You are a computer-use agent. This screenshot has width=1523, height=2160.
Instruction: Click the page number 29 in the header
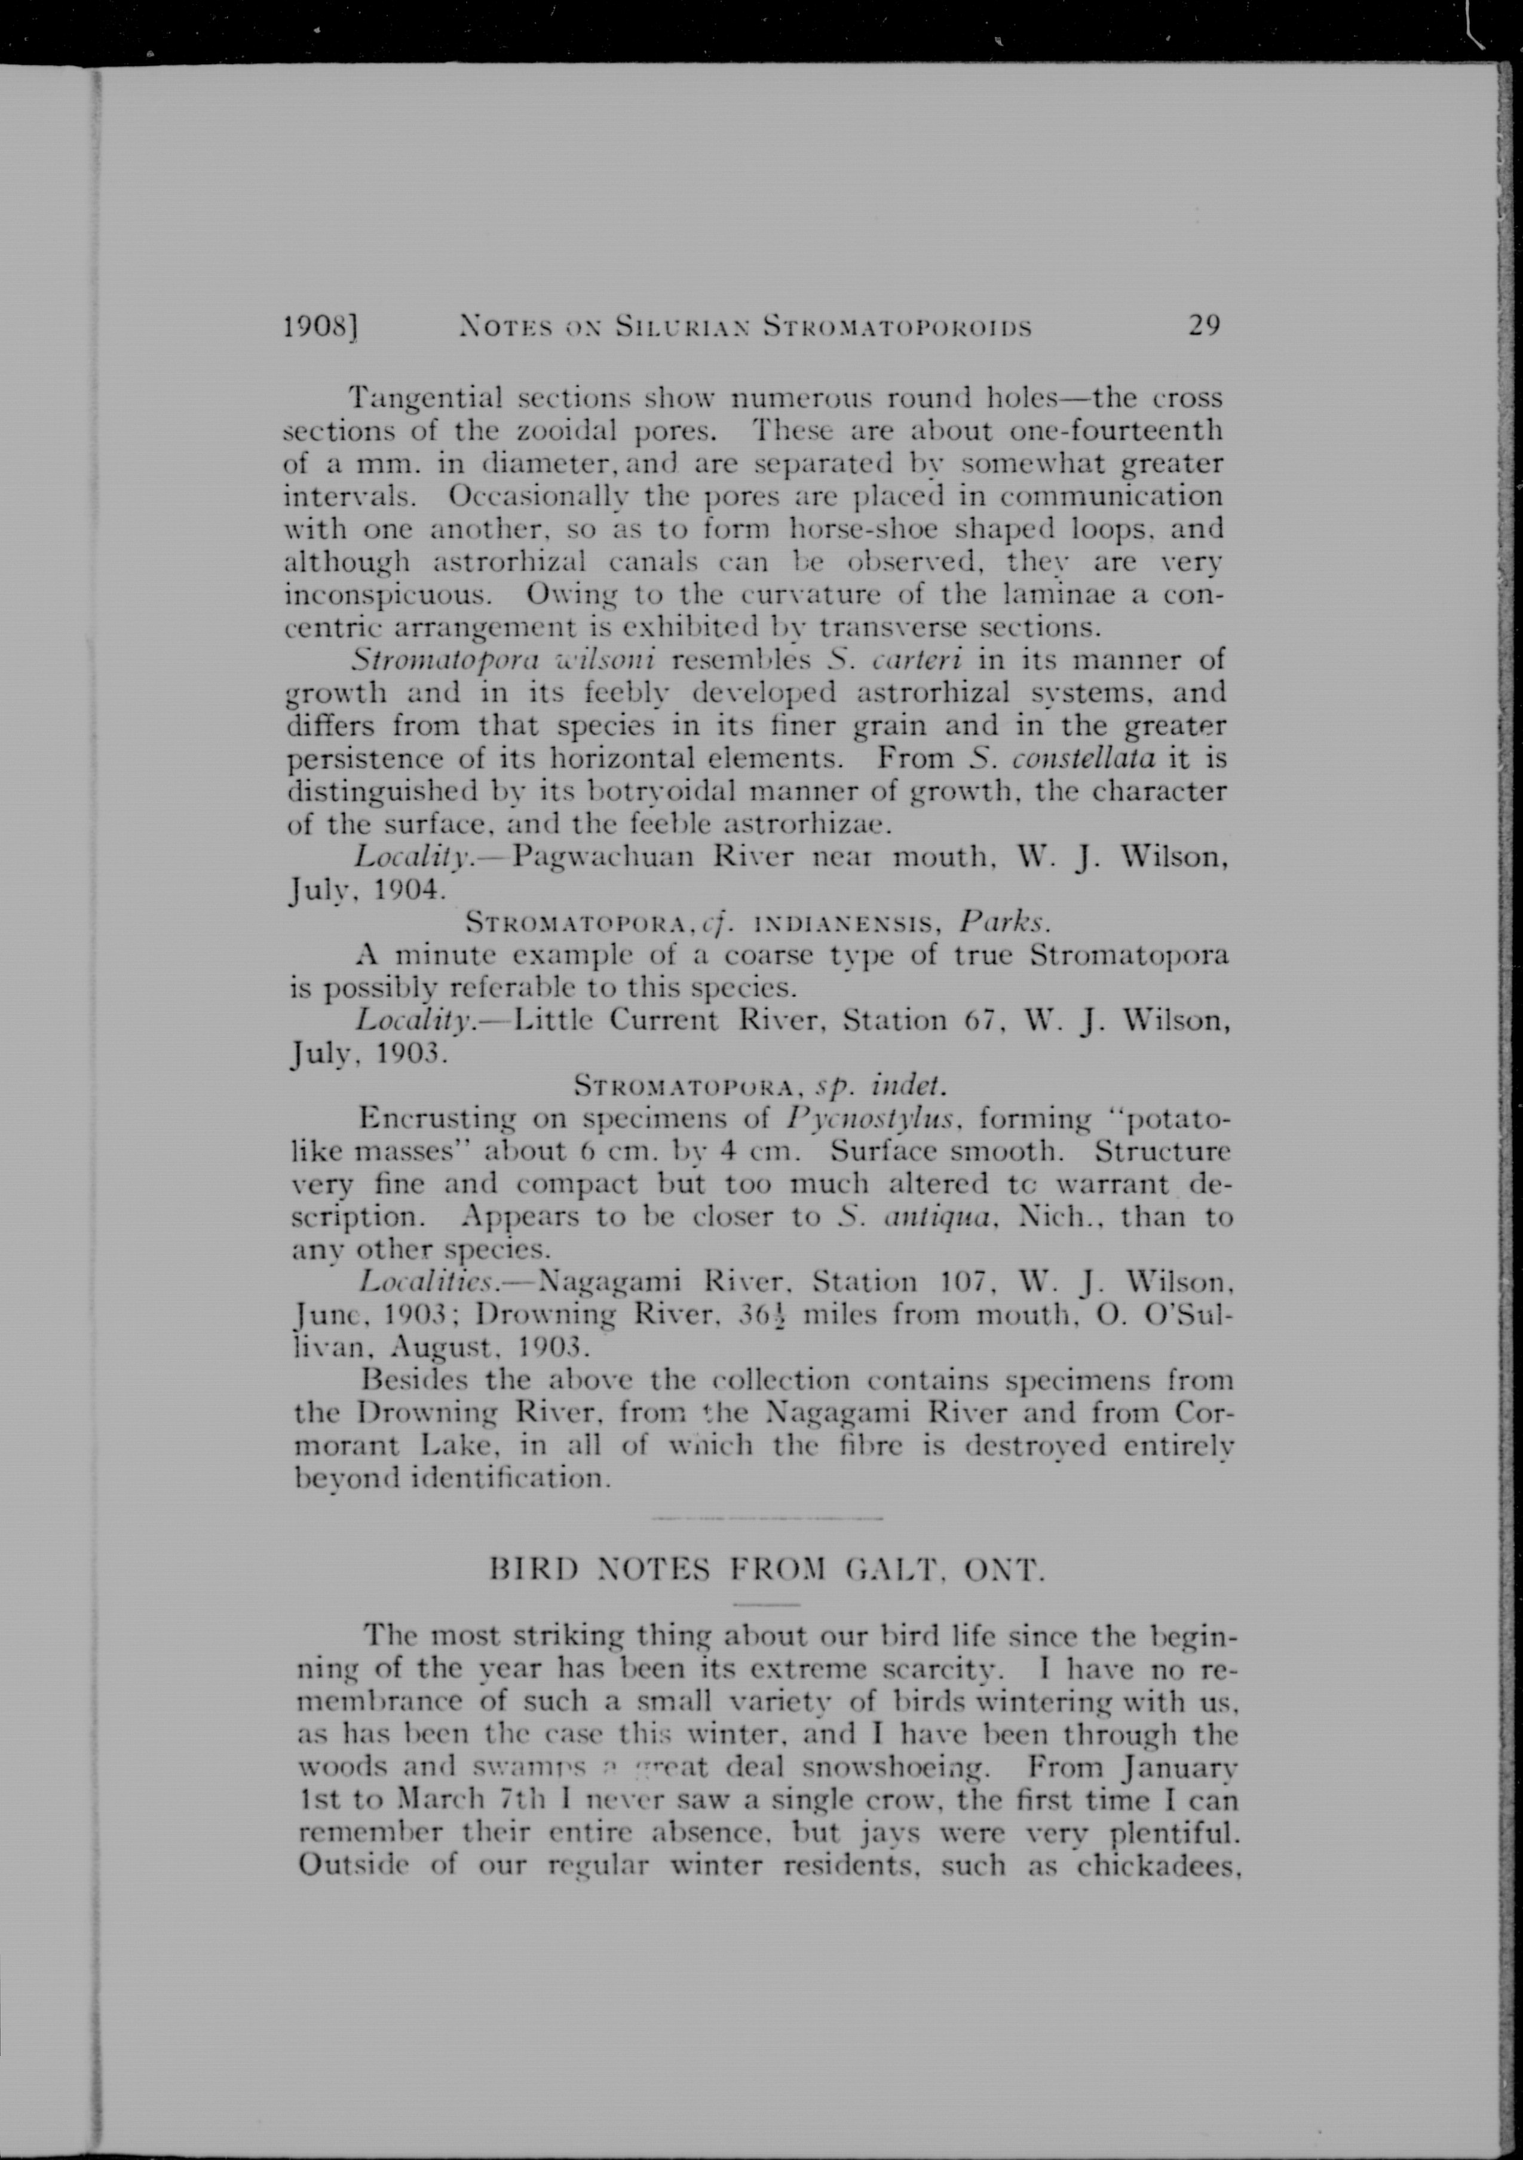click(1204, 326)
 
